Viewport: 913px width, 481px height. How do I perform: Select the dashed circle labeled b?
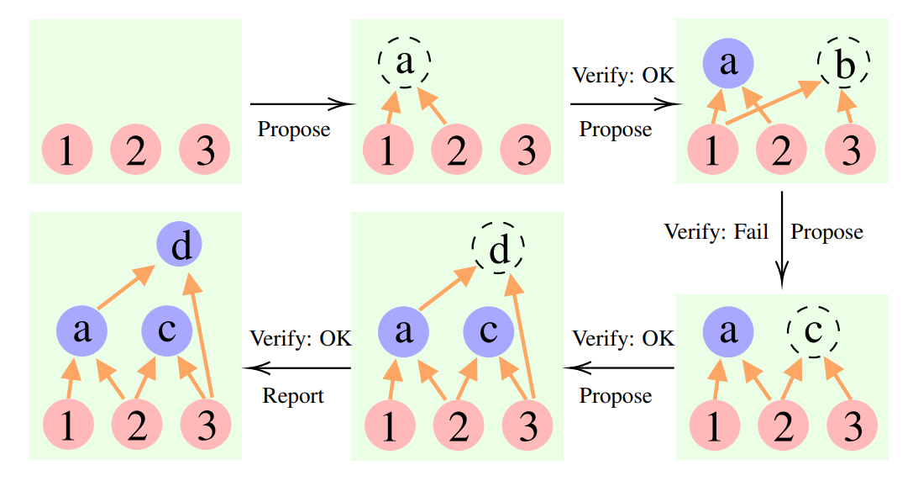[x=844, y=64]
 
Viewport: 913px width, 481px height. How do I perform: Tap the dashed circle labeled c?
[x=813, y=330]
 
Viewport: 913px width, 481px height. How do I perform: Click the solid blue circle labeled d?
[x=180, y=246]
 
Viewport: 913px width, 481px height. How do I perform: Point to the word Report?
[x=293, y=396]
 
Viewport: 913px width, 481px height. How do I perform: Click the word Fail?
[x=750, y=230]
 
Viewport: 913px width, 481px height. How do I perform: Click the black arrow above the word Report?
[x=296, y=368]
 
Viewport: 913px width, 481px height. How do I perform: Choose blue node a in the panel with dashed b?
[x=728, y=64]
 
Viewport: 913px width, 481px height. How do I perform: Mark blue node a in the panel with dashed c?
[x=728, y=330]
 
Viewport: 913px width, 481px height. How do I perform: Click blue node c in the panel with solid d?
[x=166, y=330]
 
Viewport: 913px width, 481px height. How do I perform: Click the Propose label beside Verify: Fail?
[x=827, y=230]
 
